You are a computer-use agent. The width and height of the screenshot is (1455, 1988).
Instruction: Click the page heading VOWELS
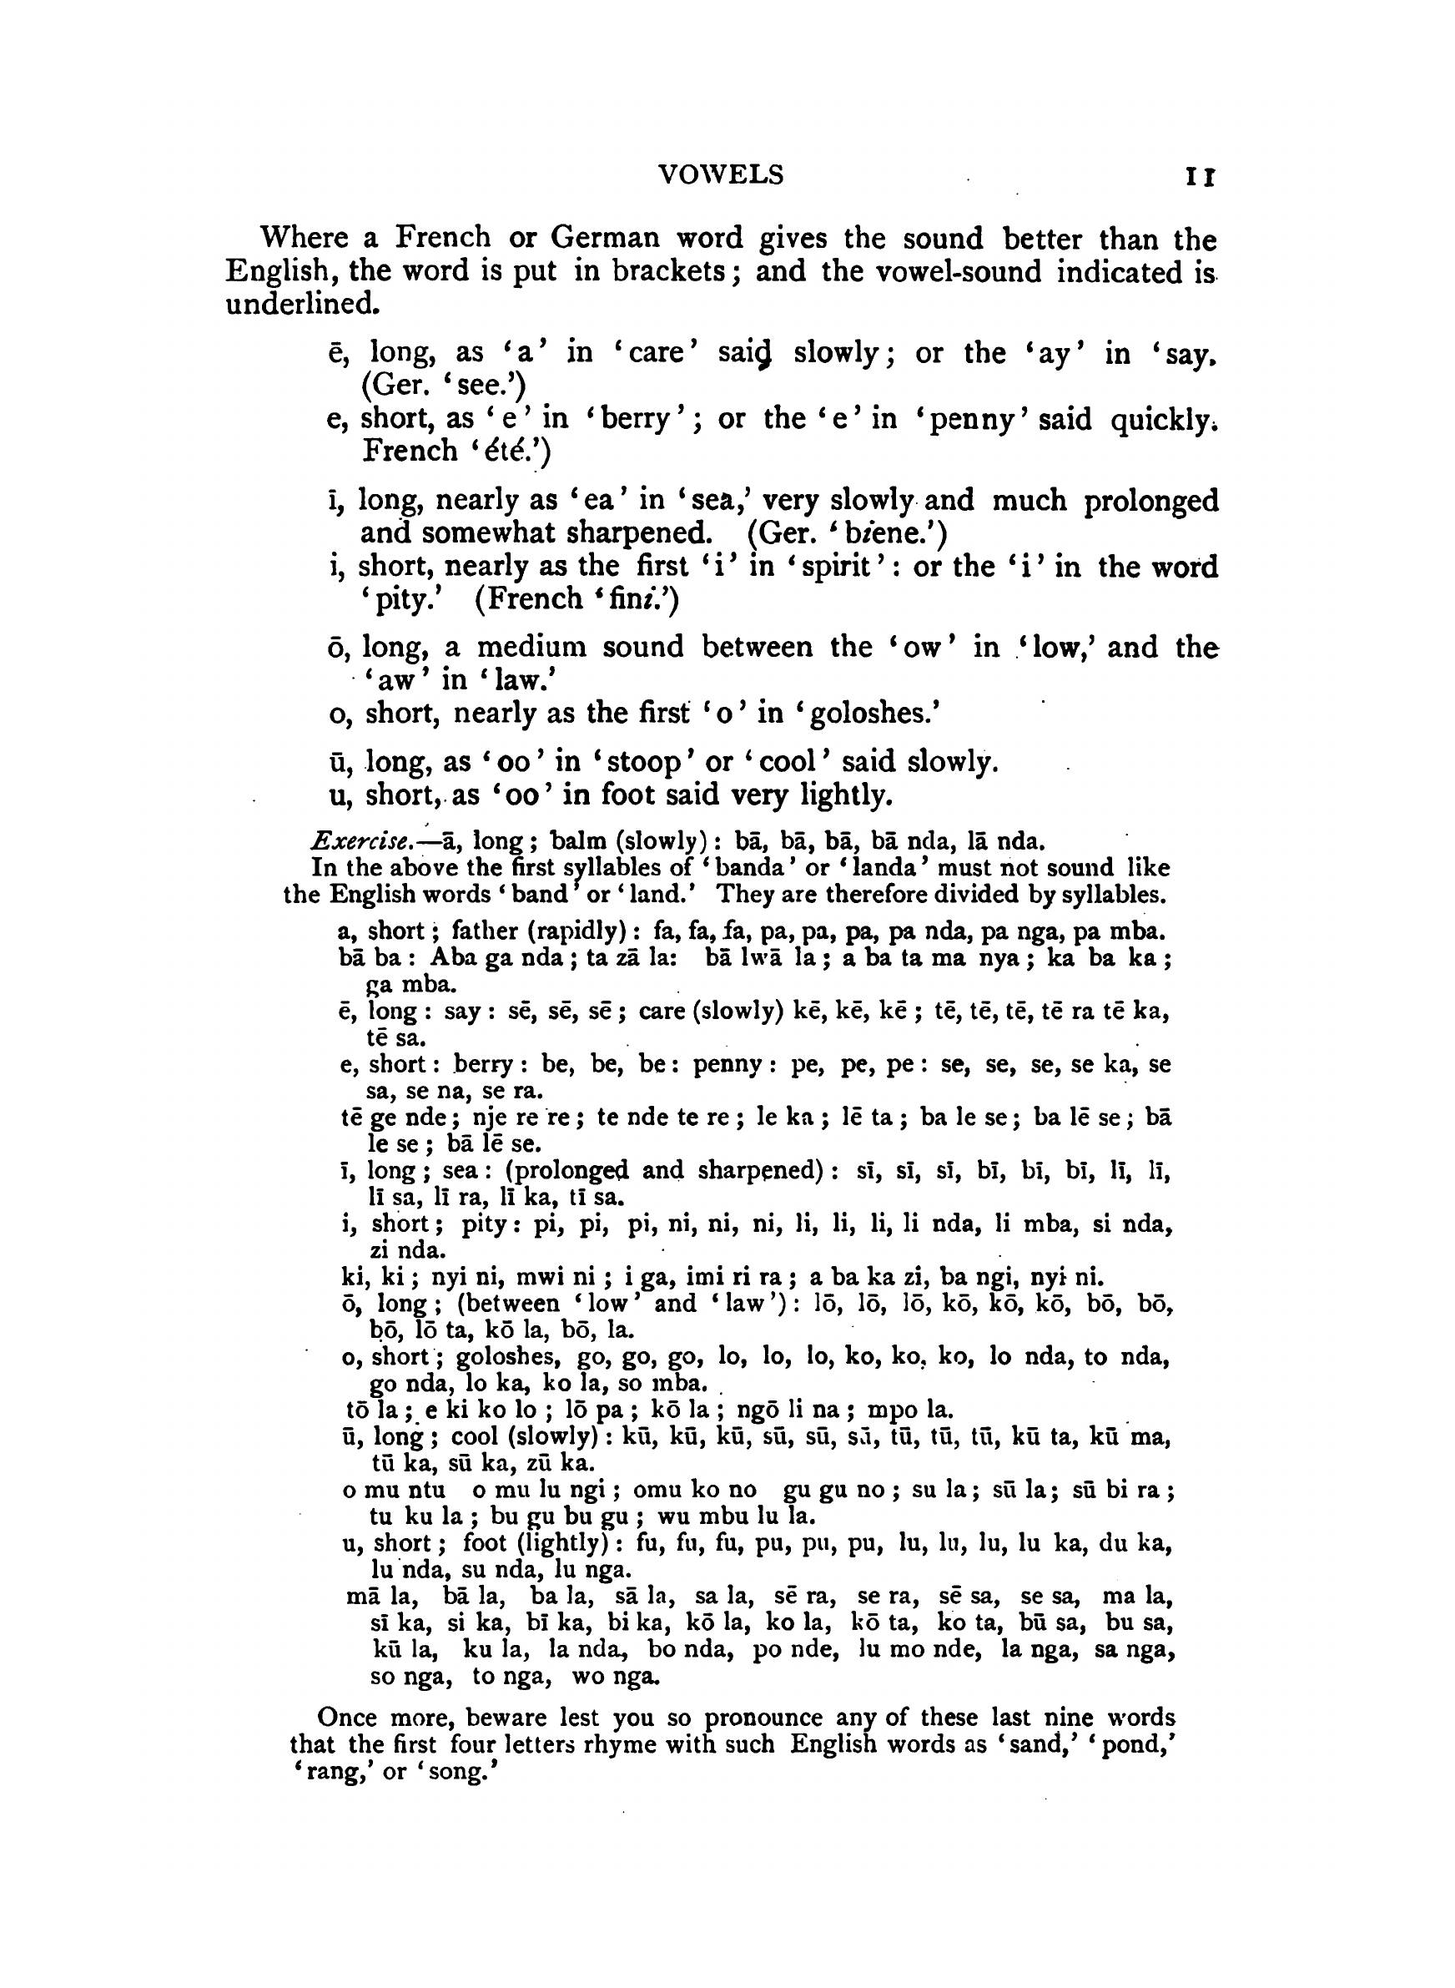[721, 175]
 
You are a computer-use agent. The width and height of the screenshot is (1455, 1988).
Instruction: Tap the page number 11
[1200, 177]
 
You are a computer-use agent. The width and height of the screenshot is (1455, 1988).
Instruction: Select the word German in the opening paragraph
[605, 238]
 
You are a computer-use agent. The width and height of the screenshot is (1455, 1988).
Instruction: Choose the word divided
[979, 895]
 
